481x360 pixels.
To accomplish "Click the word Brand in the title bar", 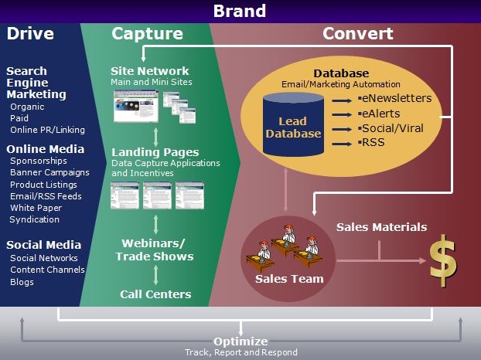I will coord(239,11).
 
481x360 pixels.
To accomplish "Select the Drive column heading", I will coord(30,34).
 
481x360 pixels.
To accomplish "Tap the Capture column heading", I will coord(147,34).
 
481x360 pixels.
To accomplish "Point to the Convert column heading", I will coord(357,34).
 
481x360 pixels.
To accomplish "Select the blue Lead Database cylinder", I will coord(293,127).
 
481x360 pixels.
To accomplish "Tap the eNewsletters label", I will coord(396,99).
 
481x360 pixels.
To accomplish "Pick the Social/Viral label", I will coord(391,127).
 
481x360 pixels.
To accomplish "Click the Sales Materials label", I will coord(381,227).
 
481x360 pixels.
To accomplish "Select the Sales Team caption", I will coord(288,278).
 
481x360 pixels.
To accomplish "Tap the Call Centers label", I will coord(155,294).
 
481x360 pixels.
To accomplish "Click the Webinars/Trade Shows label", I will coord(155,250).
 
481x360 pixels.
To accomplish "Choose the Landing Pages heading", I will coord(155,152).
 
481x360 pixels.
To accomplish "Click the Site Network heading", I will coord(150,71).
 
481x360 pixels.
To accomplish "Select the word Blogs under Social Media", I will coord(22,282).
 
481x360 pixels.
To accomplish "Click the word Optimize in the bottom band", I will coord(240,341).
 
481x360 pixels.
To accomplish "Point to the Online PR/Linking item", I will coord(47,130).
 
